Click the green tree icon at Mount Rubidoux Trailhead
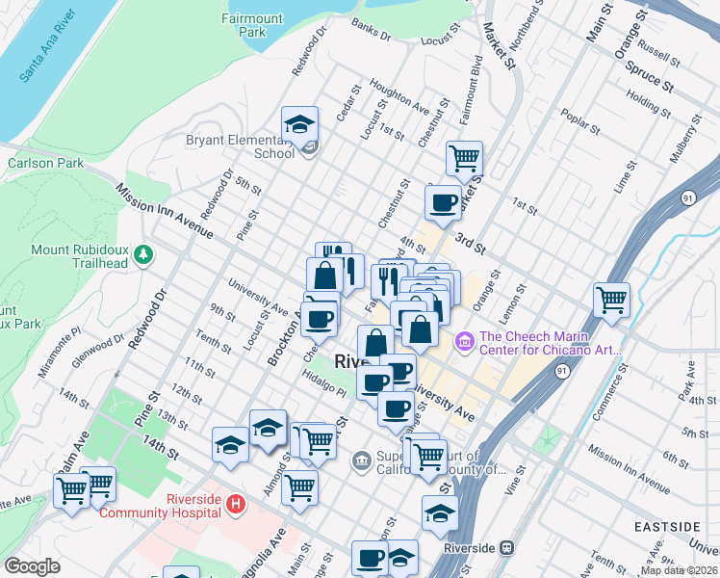(x=144, y=253)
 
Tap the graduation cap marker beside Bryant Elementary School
(x=299, y=126)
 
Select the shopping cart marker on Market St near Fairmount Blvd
(x=465, y=158)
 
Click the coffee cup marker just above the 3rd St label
(x=443, y=203)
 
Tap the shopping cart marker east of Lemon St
(x=611, y=300)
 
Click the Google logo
(x=32, y=565)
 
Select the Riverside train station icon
(x=507, y=547)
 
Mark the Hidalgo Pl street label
(x=321, y=382)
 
